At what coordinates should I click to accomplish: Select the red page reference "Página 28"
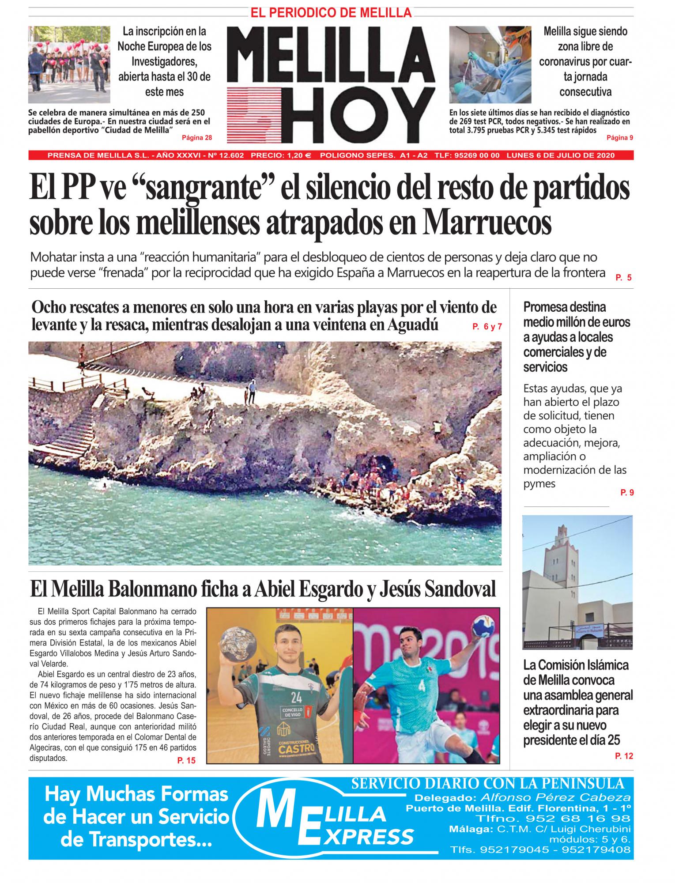pyautogui.click(x=197, y=138)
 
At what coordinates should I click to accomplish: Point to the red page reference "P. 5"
pyautogui.click(x=623, y=278)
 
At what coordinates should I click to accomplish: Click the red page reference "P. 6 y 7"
pyautogui.click(x=487, y=327)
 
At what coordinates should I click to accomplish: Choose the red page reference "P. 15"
pyautogui.click(x=186, y=760)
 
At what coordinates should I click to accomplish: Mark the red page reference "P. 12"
pyautogui.click(x=624, y=756)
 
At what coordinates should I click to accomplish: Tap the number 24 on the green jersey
pyautogui.click(x=296, y=697)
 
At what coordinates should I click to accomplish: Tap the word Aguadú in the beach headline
pyautogui.click(x=413, y=325)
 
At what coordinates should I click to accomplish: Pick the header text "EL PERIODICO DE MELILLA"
pyautogui.click(x=331, y=13)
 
